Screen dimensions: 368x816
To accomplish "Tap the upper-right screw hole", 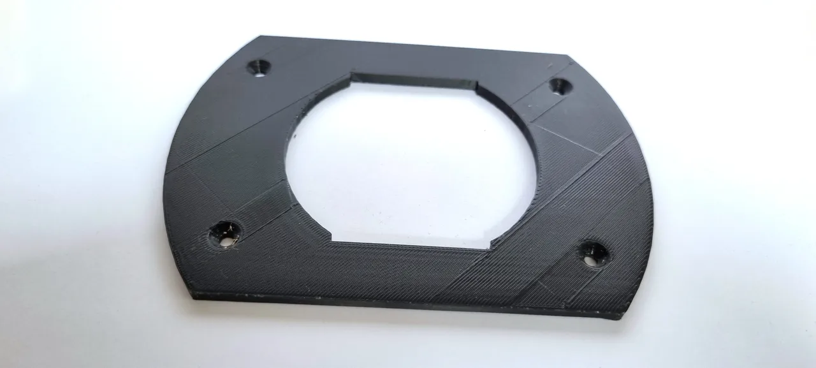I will click(560, 86).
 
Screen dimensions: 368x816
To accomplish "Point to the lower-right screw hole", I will click(593, 252).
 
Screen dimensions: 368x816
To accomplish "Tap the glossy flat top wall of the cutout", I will click(414, 82).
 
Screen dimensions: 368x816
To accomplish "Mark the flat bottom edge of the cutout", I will click(411, 244).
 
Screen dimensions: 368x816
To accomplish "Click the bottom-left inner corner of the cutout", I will click(332, 240).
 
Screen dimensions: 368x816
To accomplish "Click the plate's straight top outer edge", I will click(414, 45).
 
